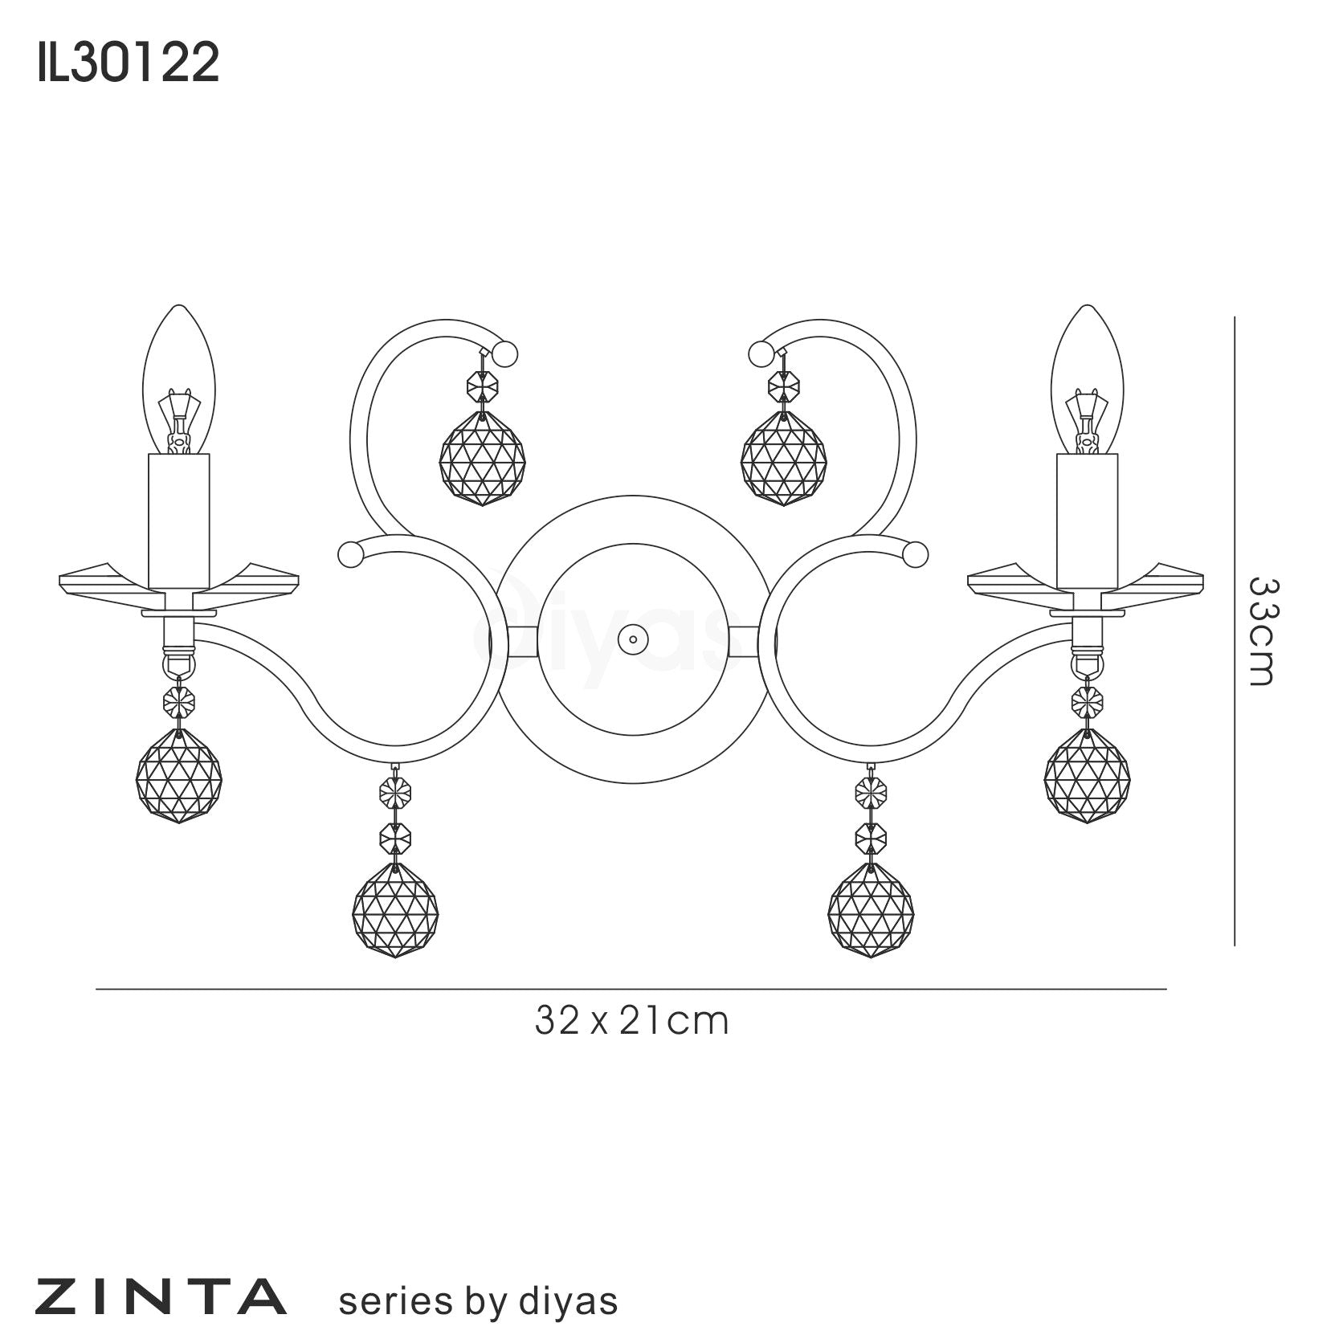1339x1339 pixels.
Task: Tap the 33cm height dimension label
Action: (x=1259, y=631)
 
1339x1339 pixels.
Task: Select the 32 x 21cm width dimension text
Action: (x=632, y=1021)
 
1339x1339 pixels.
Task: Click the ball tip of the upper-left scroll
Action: (x=505, y=353)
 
